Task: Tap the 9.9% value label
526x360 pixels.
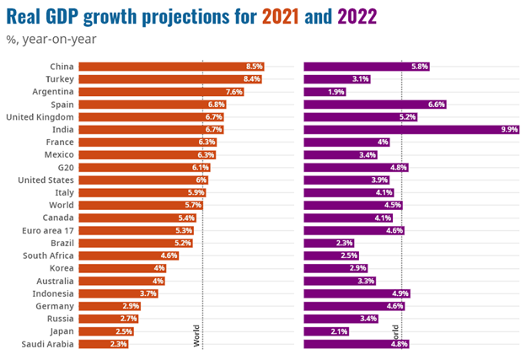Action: tap(508, 129)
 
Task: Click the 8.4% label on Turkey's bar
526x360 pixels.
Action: tap(251, 78)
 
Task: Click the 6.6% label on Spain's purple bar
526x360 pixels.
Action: tap(436, 104)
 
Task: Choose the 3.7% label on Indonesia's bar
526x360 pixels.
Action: tap(148, 293)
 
